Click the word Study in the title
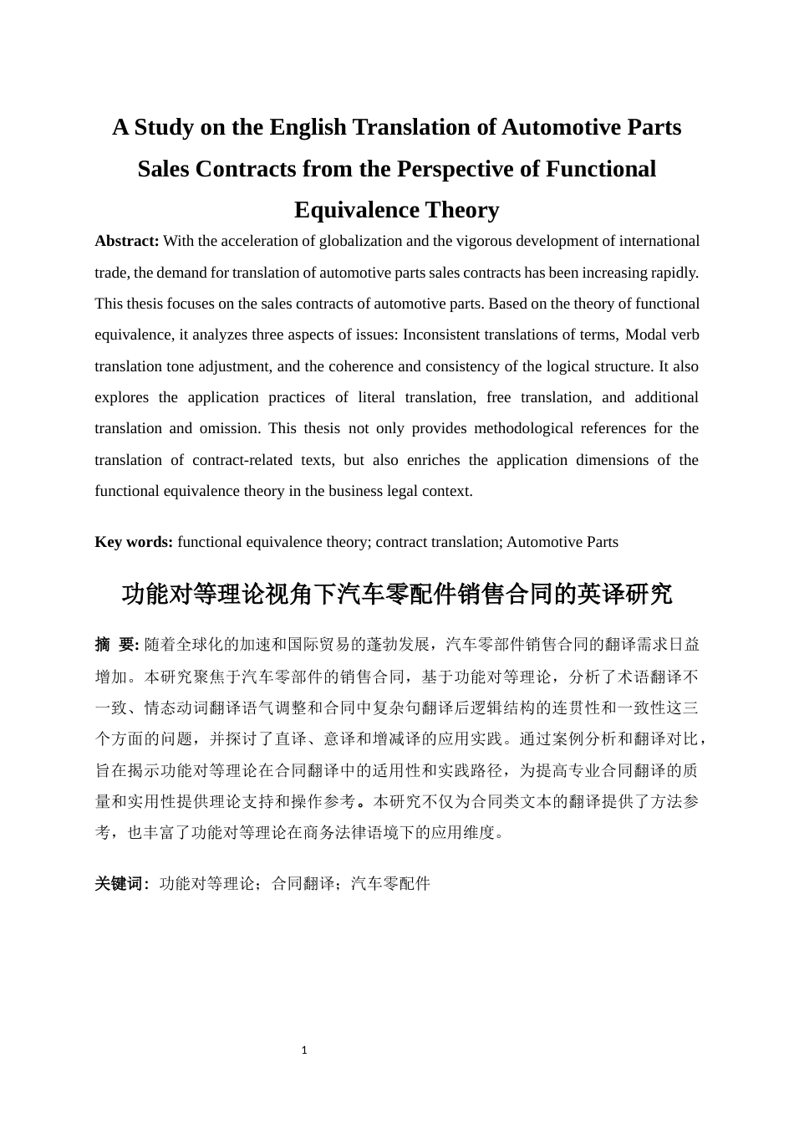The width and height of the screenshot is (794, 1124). pos(162,127)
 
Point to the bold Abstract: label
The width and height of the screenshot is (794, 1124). pos(127,241)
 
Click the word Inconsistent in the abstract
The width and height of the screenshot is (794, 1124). pos(441,335)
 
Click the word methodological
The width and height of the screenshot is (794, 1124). pos(530,428)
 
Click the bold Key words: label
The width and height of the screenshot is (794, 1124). pos(134,542)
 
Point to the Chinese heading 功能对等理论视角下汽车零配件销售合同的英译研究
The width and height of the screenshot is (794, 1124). pos(397,595)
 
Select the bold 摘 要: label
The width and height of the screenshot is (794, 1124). pos(117,645)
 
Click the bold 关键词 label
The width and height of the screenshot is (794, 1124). pos(120,884)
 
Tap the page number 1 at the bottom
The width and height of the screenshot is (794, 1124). pos(304,1050)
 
